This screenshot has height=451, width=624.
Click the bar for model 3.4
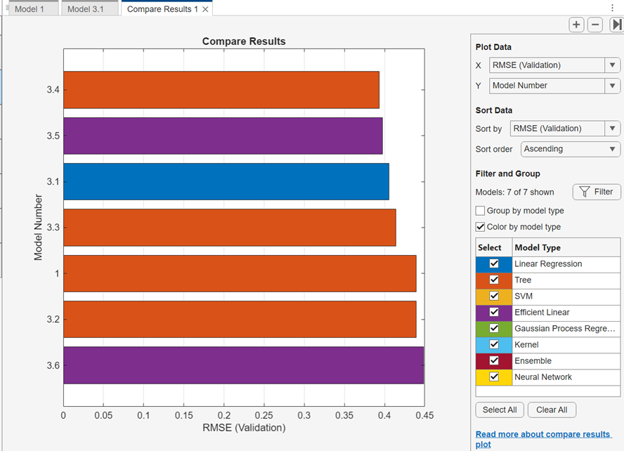click(221, 90)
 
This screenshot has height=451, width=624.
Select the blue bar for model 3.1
click(226, 182)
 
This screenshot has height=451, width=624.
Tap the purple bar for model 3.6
click(243, 365)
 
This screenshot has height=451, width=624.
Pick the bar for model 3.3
click(229, 228)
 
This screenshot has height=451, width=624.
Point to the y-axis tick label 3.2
click(53, 320)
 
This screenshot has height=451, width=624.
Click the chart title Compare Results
click(244, 41)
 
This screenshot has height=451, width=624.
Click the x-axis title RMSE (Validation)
click(244, 428)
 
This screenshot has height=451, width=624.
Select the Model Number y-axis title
click(39, 228)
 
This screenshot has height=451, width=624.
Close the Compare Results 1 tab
click(205, 9)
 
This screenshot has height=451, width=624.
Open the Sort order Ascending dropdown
click(571, 149)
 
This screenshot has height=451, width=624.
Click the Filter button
click(597, 192)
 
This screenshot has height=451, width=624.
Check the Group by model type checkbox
click(481, 211)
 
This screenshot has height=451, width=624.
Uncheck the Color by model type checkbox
click(481, 227)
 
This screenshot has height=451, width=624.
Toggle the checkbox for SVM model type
click(494, 296)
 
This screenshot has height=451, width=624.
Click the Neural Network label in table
click(543, 377)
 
